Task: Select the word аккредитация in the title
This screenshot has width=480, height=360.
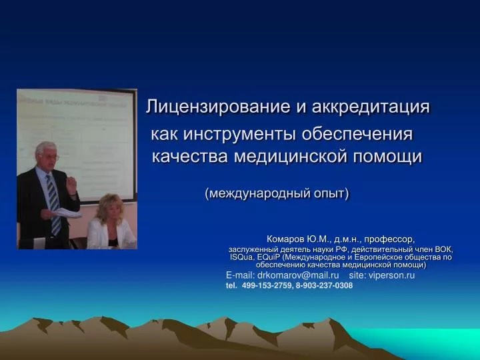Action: click(371, 107)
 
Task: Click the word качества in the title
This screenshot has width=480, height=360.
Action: click(190, 157)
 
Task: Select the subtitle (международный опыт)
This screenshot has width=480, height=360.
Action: click(277, 193)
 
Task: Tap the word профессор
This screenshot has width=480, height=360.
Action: click(389, 239)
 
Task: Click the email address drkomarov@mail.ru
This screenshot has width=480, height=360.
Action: click(298, 275)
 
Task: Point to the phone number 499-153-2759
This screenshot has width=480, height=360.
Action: click(267, 285)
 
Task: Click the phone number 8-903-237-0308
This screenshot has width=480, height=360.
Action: click(324, 285)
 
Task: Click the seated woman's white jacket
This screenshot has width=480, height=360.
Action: click(110, 233)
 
